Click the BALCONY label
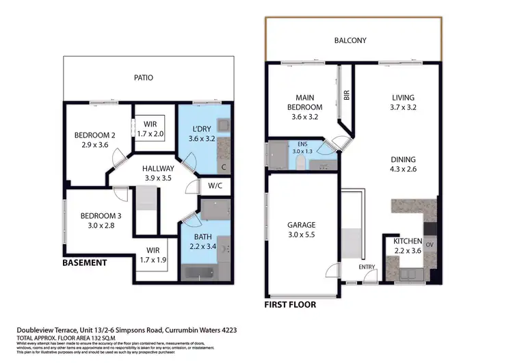click(x=350, y=40)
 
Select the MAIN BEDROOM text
click(x=304, y=103)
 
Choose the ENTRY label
click(x=367, y=266)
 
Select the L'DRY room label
click(x=201, y=129)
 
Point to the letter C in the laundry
click(x=224, y=166)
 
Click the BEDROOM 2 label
click(x=94, y=135)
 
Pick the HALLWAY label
click(x=158, y=168)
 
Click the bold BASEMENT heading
click(x=84, y=263)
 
